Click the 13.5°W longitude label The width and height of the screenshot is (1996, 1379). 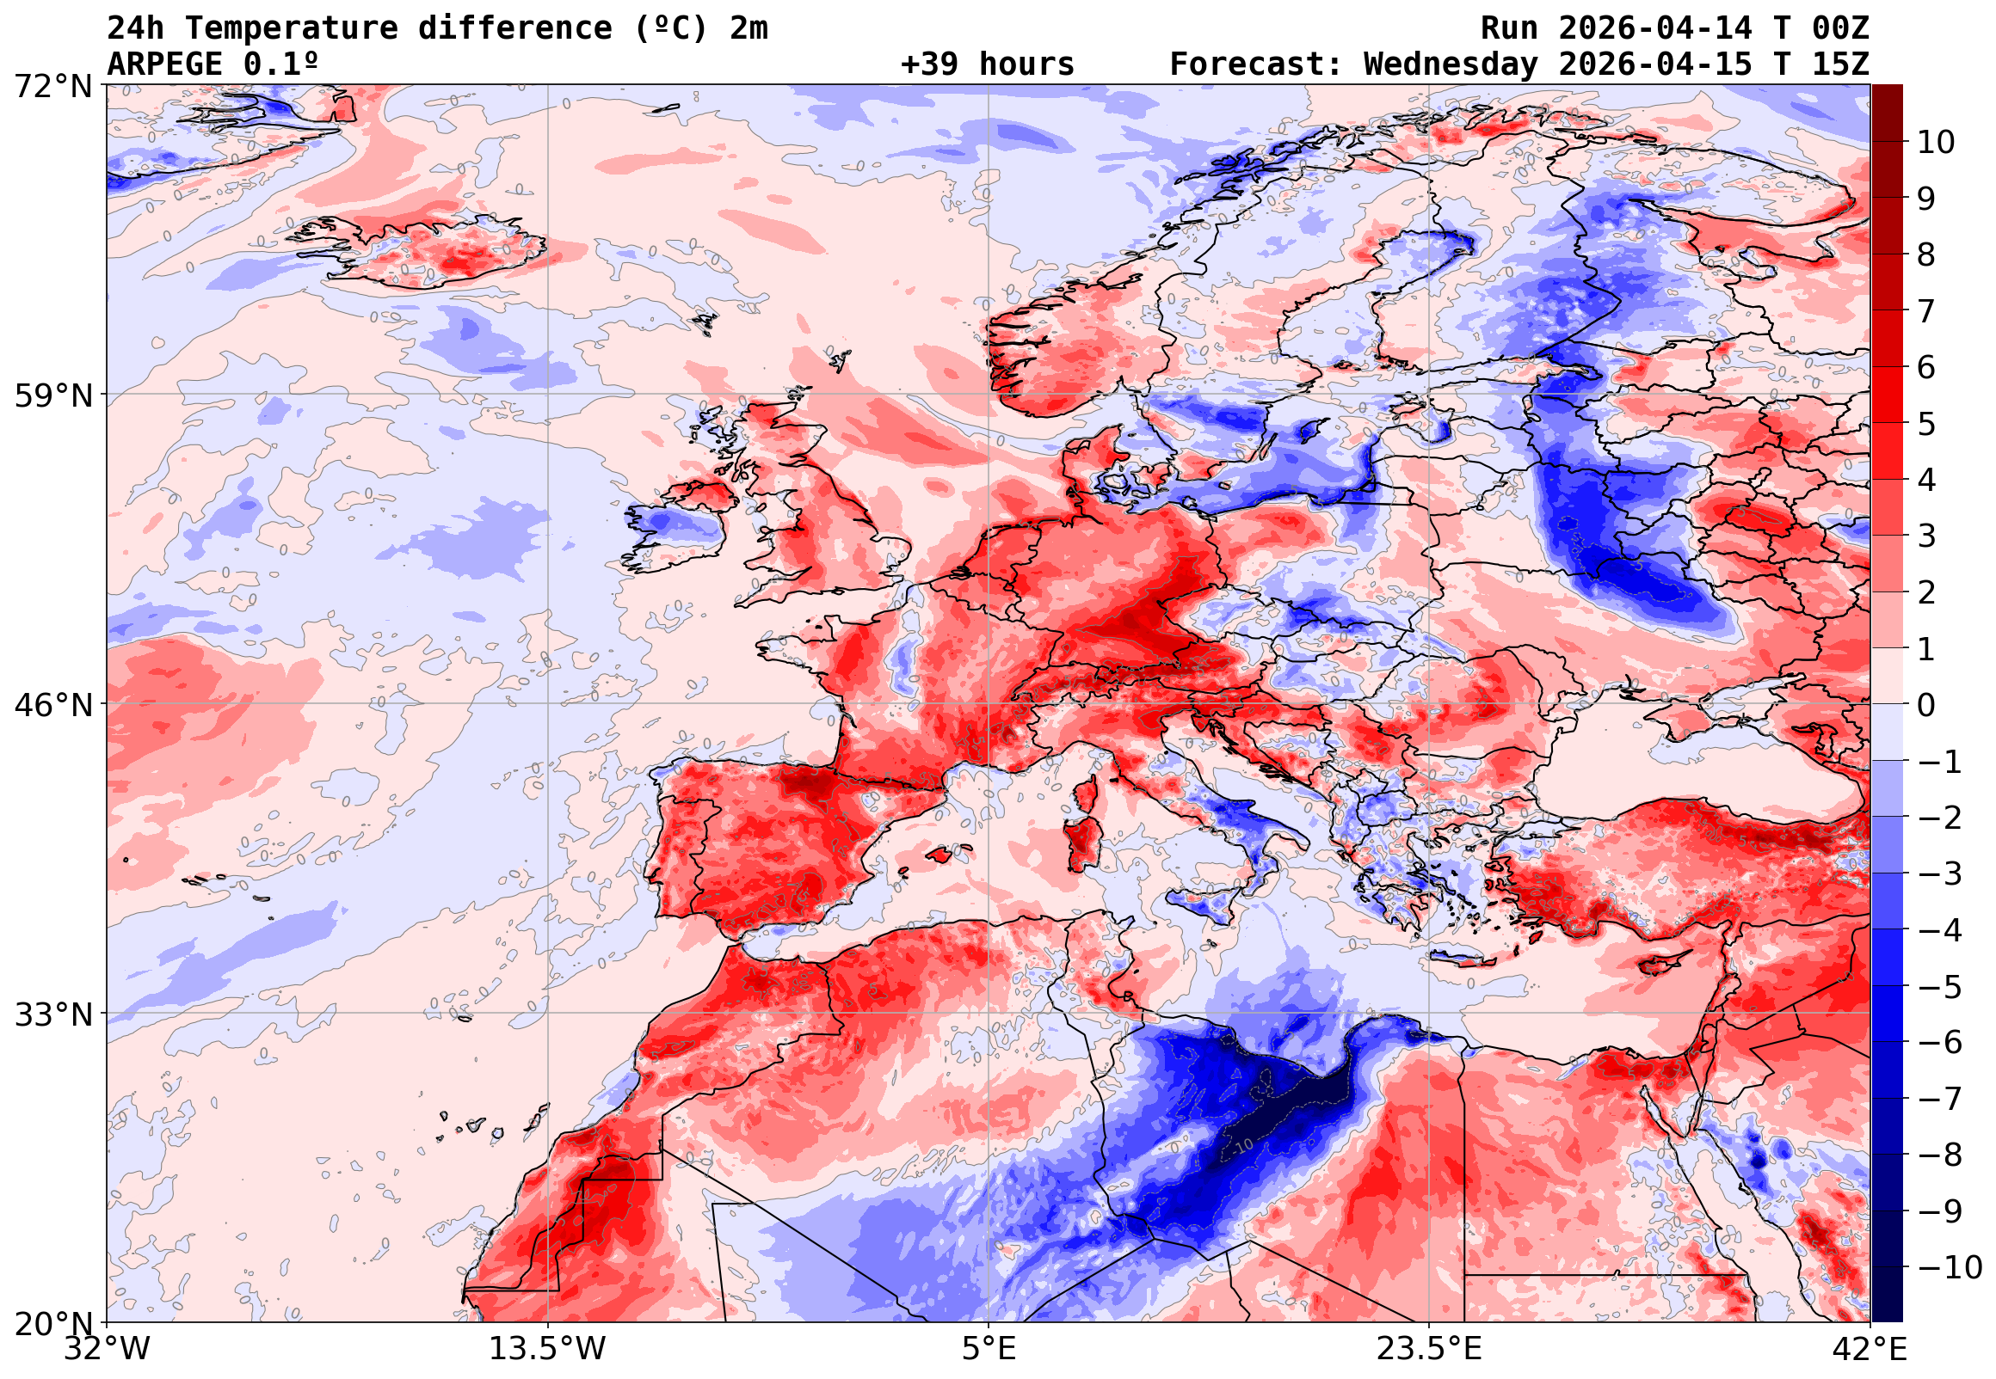point(548,1348)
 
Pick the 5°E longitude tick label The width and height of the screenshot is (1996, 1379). point(988,1348)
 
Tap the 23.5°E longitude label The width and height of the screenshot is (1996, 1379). point(1428,1348)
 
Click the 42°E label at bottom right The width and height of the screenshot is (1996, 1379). point(1869,1348)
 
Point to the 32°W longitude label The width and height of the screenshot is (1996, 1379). point(108,1348)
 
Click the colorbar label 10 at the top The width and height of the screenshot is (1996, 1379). point(1936,143)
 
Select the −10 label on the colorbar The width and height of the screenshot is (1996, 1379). point(1950,1267)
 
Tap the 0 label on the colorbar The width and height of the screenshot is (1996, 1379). point(1926,705)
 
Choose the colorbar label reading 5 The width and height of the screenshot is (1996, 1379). point(1926,424)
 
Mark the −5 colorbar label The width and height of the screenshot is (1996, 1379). point(1940,987)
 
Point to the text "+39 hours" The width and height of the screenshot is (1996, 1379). point(987,64)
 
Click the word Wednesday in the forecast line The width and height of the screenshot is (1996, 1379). point(1451,64)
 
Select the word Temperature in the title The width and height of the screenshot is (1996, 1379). point(292,28)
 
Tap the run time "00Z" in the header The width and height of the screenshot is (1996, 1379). point(1840,28)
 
